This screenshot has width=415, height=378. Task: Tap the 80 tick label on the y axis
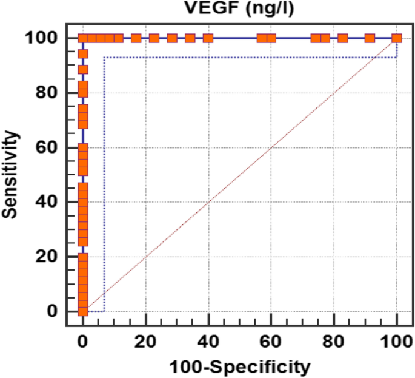(48, 93)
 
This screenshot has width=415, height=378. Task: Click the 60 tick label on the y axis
(48, 147)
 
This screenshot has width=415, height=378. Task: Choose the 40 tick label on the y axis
(48, 202)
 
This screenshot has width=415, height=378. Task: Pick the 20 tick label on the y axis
(48, 257)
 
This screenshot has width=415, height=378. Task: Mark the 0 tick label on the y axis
(53, 311)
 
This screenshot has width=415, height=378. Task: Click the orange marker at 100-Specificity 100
(397, 38)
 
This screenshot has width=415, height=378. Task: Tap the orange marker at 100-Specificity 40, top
(208, 38)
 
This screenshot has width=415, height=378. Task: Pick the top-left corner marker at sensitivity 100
(83, 38)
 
